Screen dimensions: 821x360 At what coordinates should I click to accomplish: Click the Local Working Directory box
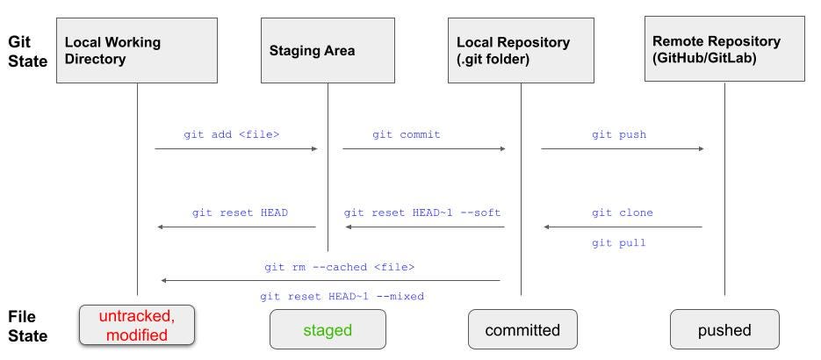click(x=137, y=50)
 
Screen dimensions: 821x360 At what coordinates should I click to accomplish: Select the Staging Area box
click(x=328, y=50)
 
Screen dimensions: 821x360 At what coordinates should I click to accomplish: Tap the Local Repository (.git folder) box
click(x=521, y=50)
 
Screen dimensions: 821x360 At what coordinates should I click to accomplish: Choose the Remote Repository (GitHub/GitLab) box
click(x=724, y=48)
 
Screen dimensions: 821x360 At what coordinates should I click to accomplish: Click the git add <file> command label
click(x=232, y=134)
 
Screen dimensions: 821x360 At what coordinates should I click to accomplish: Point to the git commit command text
click(x=407, y=134)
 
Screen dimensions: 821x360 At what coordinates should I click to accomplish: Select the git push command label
click(x=619, y=134)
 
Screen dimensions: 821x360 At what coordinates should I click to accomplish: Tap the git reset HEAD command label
click(x=240, y=213)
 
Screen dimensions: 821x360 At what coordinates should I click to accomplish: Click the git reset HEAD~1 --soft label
click(x=422, y=213)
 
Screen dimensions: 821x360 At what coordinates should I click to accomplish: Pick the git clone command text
click(x=623, y=213)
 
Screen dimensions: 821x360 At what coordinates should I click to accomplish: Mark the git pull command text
click(x=619, y=243)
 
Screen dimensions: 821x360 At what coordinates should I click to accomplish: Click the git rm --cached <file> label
click(x=339, y=268)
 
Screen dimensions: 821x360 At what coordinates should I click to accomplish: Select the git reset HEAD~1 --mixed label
click(x=342, y=297)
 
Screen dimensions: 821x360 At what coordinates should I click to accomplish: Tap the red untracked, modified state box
click(x=137, y=325)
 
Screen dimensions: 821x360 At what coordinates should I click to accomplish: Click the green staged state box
click(x=328, y=329)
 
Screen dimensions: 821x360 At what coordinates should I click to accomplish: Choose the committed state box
click(x=522, y=329)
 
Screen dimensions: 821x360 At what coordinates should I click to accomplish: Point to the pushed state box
click(x=724, y=329)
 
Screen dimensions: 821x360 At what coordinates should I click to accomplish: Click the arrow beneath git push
click(x=623, y=149)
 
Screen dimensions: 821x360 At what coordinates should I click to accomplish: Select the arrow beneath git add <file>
click(x=236, y=149)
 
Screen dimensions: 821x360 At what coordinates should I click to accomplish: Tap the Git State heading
click(x=28, y=52)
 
